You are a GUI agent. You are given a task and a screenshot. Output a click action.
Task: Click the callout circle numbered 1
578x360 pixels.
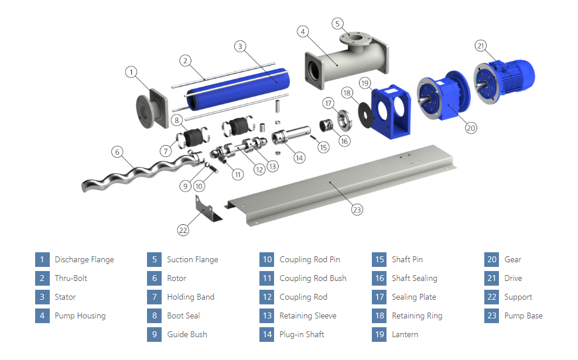click(132, 72)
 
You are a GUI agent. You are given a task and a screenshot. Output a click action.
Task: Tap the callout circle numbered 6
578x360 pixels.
click(118, 152)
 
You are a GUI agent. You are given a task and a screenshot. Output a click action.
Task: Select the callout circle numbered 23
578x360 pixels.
click(357, 208)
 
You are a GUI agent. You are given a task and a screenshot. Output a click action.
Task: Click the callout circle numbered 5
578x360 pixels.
click(337, 23)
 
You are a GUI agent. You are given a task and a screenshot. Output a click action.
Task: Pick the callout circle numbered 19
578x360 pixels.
click(365, 84)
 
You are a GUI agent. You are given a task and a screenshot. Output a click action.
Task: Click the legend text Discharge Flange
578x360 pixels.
click(84, 259)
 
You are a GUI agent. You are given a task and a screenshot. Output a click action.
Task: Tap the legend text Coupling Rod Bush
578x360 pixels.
click(313, 278)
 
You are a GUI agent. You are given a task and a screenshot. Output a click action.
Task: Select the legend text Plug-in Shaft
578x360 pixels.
click(302, 334)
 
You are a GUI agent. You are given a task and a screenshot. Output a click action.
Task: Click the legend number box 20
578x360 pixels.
click(492, 259)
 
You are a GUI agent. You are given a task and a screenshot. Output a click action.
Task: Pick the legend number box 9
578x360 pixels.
click(155, 334)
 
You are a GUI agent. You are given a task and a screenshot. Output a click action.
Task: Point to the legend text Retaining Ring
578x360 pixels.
click(417, 316)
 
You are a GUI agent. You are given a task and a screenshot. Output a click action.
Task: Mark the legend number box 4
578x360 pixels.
click(42, 316)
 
